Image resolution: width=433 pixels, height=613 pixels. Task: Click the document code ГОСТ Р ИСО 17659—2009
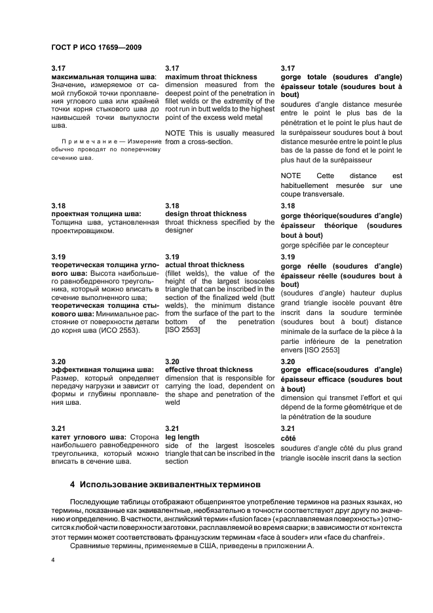tap(96, 47)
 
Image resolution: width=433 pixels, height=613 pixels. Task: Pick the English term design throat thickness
tap(206, 214)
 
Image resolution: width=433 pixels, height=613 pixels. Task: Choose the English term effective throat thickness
tap(208, 369)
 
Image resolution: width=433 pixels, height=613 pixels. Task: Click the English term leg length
tap(182, 437)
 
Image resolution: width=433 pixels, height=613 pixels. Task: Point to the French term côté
tap(288, 437)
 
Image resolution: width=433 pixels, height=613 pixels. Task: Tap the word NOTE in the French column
tap(290, 176)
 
